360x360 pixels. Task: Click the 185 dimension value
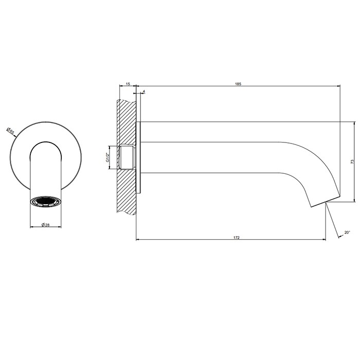pyautogui.click(x=238, y=83)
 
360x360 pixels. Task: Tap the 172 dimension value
pyautogui.click(x=237, y=238)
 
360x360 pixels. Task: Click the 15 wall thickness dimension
pyautogui.click(x=127, y=83)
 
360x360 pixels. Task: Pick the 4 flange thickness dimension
pyautogui.click(x=143, y=92)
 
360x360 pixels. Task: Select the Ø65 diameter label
pyautogui.click(x=11, y=131)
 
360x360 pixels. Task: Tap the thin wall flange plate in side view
pyautogui.click(x=138, y=157)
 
